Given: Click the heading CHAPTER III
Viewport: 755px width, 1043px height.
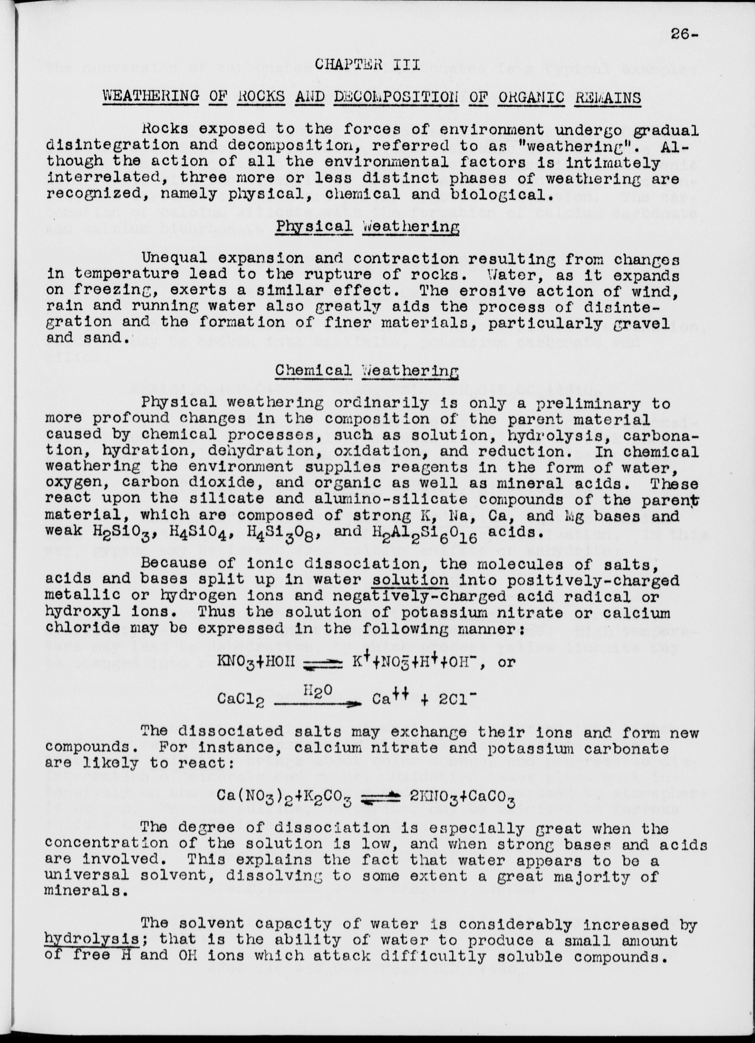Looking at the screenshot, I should tap(367, 64).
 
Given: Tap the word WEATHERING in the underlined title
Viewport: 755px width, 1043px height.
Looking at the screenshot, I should tap(151, 97).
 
